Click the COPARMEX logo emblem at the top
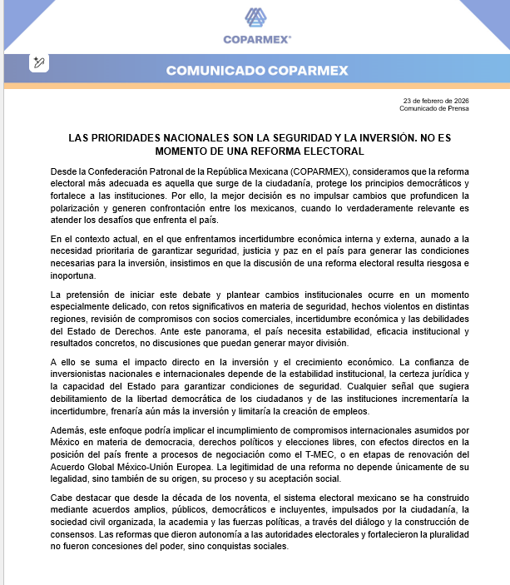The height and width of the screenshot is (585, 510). (x=255, y=17)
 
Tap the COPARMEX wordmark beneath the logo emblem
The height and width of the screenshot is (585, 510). (x=255, y=38)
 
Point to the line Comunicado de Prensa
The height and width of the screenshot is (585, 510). (x=433, y=108)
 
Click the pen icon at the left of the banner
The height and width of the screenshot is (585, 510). (x=39, y=62)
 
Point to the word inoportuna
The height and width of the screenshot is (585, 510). (x=72, y=275)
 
